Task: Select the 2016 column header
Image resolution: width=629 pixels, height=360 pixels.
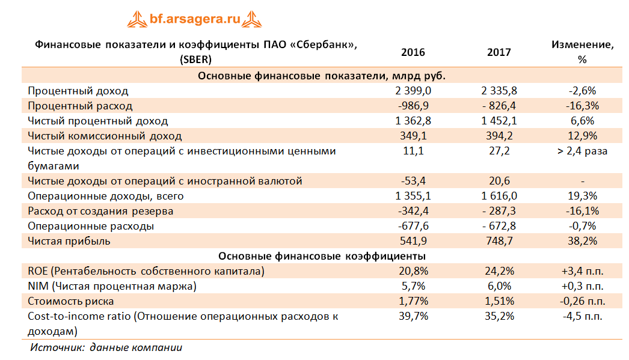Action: point(413,52)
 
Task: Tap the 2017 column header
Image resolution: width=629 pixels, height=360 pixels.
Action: point(499,52)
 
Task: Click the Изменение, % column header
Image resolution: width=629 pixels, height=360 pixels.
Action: point(581,52)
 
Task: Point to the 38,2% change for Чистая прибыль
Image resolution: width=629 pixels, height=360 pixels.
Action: point(581,241)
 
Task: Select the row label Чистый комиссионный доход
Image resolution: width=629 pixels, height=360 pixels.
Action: point(105,136)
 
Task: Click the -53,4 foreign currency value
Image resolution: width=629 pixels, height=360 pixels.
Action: point(413,181)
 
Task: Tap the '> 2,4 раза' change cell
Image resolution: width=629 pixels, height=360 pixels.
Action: point(581,151)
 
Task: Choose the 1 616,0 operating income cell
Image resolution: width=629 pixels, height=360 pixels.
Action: point(499,196)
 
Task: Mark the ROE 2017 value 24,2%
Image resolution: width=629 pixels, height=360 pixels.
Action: point(499,271)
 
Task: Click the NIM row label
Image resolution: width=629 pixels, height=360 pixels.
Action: point(112,286)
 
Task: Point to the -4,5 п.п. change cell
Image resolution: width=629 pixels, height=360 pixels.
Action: point(581,316)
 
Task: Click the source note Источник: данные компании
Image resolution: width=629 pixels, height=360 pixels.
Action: point(106,347)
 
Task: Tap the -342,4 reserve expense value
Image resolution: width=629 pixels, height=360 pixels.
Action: point(413,211)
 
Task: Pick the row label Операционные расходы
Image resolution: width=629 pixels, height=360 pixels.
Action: point(91,226)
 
